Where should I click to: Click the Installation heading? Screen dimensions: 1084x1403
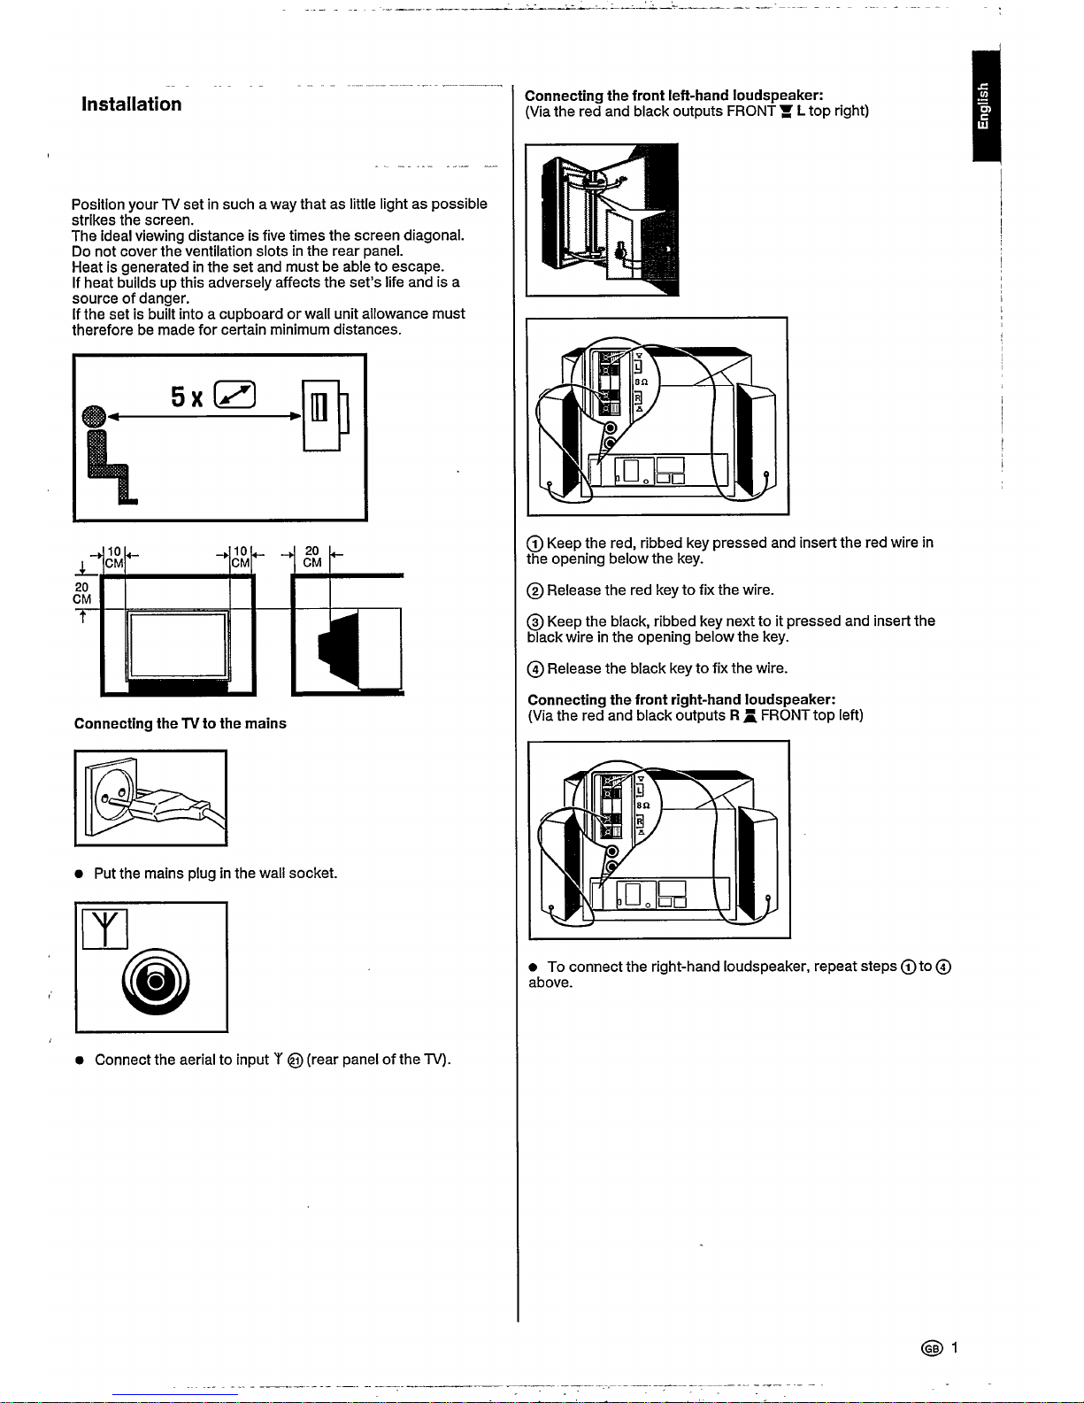tap(132, 104)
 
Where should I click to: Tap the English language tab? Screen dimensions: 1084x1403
tap(985, 106)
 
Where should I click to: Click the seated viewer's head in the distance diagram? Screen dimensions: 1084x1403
tap(94, 416)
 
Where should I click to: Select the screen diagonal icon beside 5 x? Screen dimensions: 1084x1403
tap(234, 395)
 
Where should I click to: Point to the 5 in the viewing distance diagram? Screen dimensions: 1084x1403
tap(178, 397)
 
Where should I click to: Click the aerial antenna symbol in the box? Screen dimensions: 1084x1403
tap(104, 929)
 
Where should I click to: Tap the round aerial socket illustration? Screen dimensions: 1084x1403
tap(156, 982)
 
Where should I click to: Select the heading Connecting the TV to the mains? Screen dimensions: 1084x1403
tap(180, 723)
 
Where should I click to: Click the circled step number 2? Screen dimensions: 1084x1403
tap(534, 590)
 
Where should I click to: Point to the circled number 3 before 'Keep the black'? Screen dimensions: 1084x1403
tap(534, 621)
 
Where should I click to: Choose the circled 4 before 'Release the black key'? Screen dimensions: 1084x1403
tap(534, 669)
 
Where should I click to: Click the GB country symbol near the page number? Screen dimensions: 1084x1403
tap(932, 1348)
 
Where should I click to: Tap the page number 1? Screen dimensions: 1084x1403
tap(954, 1347)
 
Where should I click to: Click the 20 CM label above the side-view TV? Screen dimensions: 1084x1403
tap(312, 557)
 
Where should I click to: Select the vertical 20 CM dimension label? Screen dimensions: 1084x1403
tap(82, 593)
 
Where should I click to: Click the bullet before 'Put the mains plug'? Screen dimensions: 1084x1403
tap(79, 875)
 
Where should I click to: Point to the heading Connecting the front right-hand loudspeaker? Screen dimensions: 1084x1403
tap(681, 700)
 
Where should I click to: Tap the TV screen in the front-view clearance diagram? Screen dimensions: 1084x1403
tap(178, 644)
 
